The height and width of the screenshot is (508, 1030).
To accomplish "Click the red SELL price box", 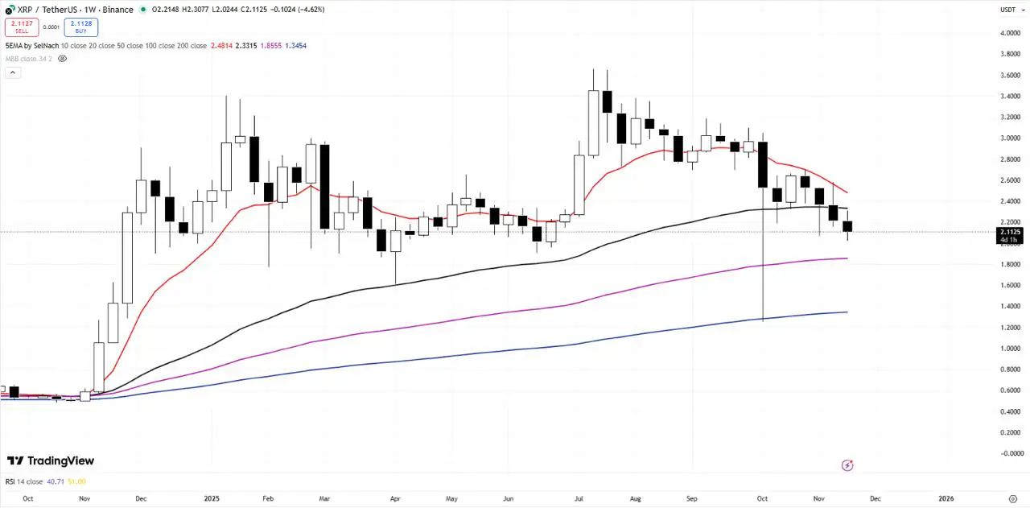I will [x=21, y=27].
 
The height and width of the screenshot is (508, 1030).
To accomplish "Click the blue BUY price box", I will [x=80, y=27].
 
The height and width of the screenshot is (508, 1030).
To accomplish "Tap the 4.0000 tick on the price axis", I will [x=1009, y=33].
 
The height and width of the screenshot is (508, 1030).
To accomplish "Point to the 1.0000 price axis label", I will [x=1009, y=349].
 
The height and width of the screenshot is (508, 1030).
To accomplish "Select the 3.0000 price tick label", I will [x=1009, y=138].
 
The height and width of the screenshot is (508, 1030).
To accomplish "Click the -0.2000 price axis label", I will [x=1009, y=453].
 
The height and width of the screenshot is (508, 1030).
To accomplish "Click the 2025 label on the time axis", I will [x=211, y=498].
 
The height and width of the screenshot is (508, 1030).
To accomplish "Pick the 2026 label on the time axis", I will [x=948, y=498].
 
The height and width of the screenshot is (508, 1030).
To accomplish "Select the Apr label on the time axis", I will [x=395, y=498].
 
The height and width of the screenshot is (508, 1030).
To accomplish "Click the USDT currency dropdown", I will [x=1008, y=10].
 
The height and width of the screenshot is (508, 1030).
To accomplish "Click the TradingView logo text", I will [x=51, y=461].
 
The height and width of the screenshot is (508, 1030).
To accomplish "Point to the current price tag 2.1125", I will [x=1009, y=232].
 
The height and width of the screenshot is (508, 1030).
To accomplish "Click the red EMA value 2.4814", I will [x=222, y=46].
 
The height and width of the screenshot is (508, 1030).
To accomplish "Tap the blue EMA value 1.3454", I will [x=295, y=46].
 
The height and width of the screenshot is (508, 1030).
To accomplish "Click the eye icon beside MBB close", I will [x=63, y=59].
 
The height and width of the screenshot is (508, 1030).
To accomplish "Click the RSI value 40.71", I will [x=56, y=481].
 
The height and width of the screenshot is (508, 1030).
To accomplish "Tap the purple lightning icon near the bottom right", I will [x=847, y=465].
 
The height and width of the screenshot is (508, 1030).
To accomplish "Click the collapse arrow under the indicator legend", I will [x=13, y=72].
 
